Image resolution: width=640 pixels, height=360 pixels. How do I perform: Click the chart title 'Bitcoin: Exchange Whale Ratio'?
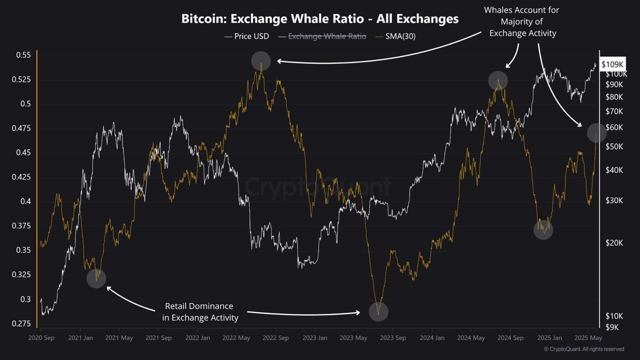319,19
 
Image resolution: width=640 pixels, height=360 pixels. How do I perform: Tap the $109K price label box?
612,64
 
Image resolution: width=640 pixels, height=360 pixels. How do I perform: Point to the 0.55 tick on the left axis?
23,55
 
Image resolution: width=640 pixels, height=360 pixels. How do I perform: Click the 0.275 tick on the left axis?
21,323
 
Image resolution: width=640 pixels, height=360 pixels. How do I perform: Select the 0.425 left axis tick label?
21,177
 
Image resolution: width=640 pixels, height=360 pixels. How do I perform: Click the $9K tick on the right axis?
612,327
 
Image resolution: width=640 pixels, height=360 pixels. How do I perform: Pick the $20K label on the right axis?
614,242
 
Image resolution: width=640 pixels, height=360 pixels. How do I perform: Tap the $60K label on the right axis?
614,127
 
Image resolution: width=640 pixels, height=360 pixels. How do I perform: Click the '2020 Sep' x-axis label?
41,338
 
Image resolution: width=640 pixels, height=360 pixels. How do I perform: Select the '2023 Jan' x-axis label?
315,338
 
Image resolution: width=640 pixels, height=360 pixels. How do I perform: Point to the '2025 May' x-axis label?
588,338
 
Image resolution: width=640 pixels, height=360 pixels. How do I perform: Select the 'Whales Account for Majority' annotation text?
522,21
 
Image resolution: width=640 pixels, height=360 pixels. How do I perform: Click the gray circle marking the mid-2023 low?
378,311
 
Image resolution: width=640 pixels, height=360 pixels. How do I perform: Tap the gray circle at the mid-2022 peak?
261,61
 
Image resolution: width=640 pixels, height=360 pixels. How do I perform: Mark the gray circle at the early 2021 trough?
96,278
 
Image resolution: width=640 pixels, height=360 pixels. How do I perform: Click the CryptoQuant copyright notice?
583,349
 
